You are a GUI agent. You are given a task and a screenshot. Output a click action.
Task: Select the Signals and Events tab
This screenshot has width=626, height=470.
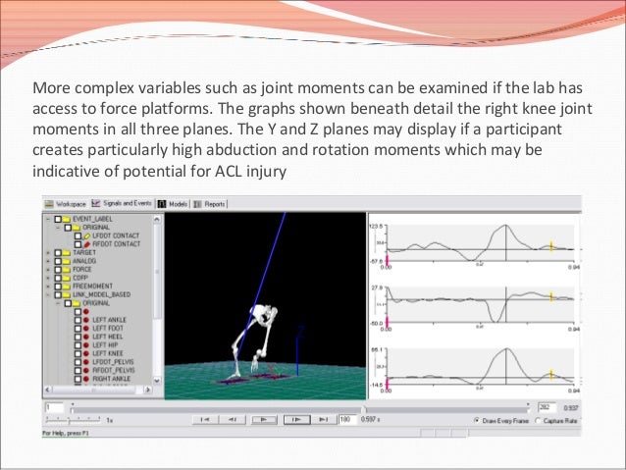(128, 204)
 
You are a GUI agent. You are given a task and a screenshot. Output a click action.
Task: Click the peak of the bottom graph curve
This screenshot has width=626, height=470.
(505, 352)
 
